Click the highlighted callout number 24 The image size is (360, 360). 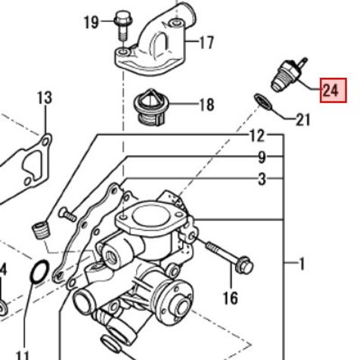(x=331, y=91)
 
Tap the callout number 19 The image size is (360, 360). (x=91, y=23)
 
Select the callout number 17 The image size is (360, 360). (x=206, y=42)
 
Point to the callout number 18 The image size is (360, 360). (x=206, y=104)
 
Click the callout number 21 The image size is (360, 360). (x=303, y=119)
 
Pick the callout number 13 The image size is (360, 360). (x=45, y=98)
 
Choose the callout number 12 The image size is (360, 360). (x=257, y=136)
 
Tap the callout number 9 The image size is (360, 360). (x=262, y=158)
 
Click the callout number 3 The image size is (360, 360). (x=262, y=179)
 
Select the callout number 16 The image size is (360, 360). (x=231, y=298)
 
